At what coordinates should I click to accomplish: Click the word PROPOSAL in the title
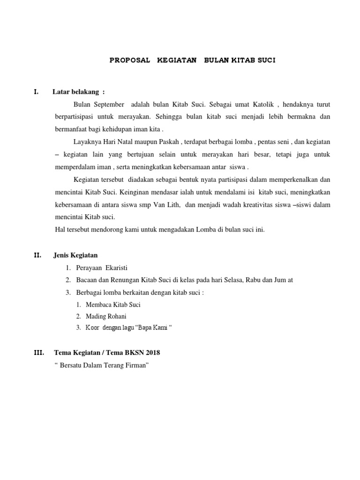pyautogui.click(x=130, y=60)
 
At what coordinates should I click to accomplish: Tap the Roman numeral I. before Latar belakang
pyautogui.click(x=36, y=91)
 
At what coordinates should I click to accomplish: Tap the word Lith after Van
pyautogui.click(x=173, y=205)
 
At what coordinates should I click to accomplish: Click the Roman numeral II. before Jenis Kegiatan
pyautogui.click(x=37, y=255)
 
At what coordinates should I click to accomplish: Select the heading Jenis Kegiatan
pyautogui.click(x=75, y=255)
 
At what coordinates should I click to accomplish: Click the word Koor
pyautogui.click(x=92, y=328)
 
